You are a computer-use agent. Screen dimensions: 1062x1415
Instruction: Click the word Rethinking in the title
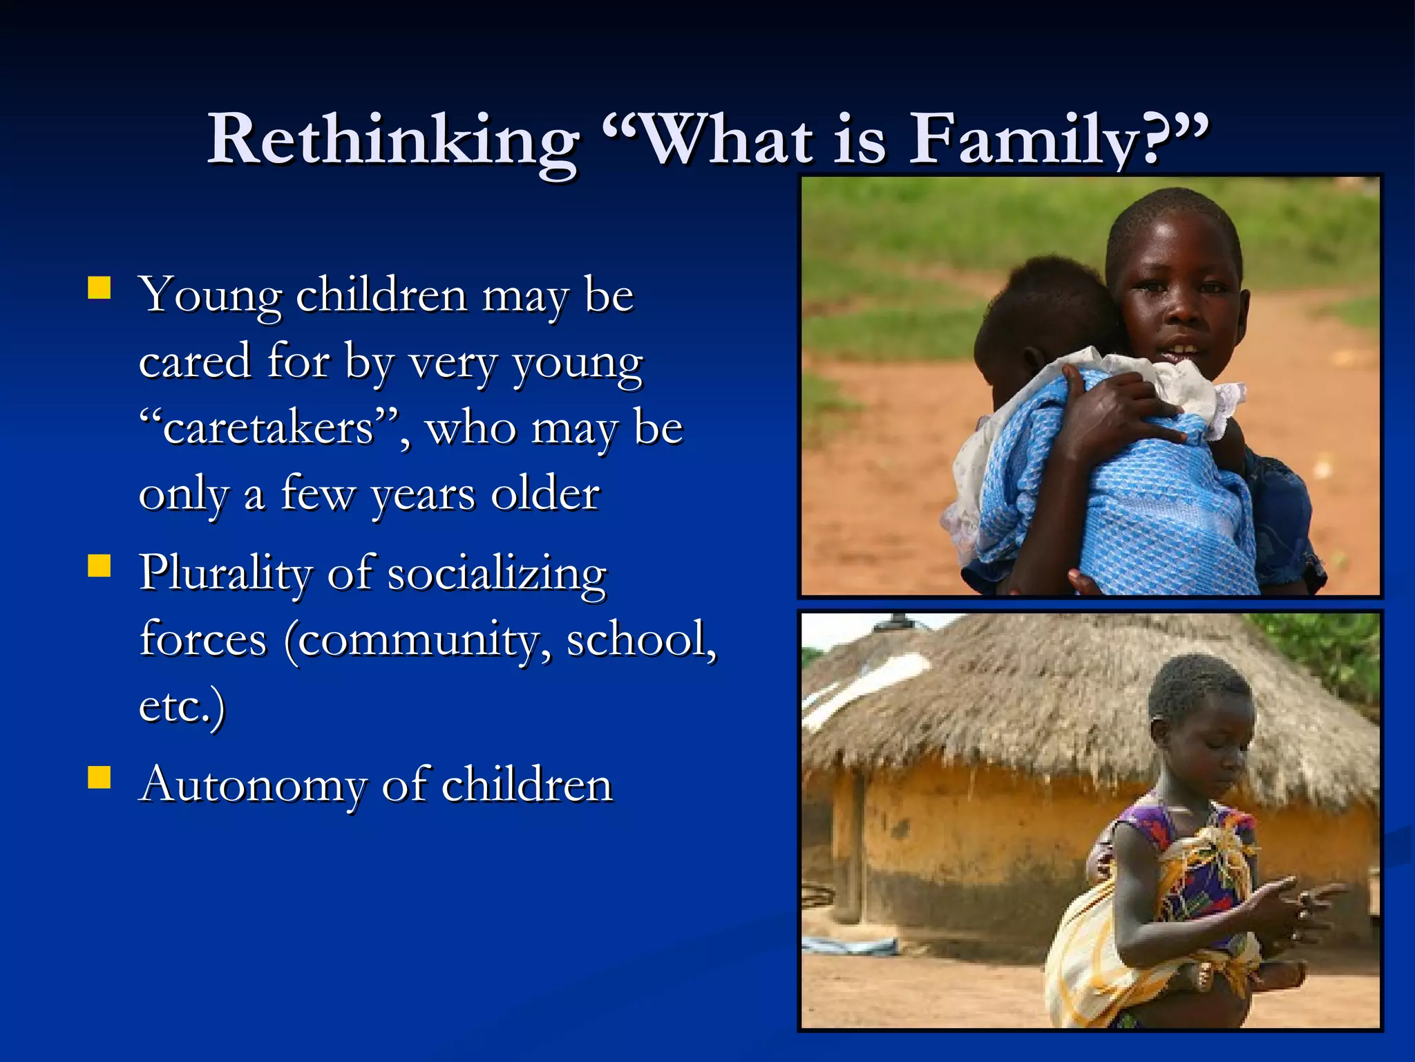click(x=393, y=140)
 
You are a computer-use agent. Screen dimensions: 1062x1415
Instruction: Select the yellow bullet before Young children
click(x=99, y=288)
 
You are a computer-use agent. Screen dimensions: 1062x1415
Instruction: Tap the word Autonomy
click(x=252, y=785)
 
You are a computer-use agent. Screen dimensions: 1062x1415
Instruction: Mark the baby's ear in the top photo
click(x=1034, y=360)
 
